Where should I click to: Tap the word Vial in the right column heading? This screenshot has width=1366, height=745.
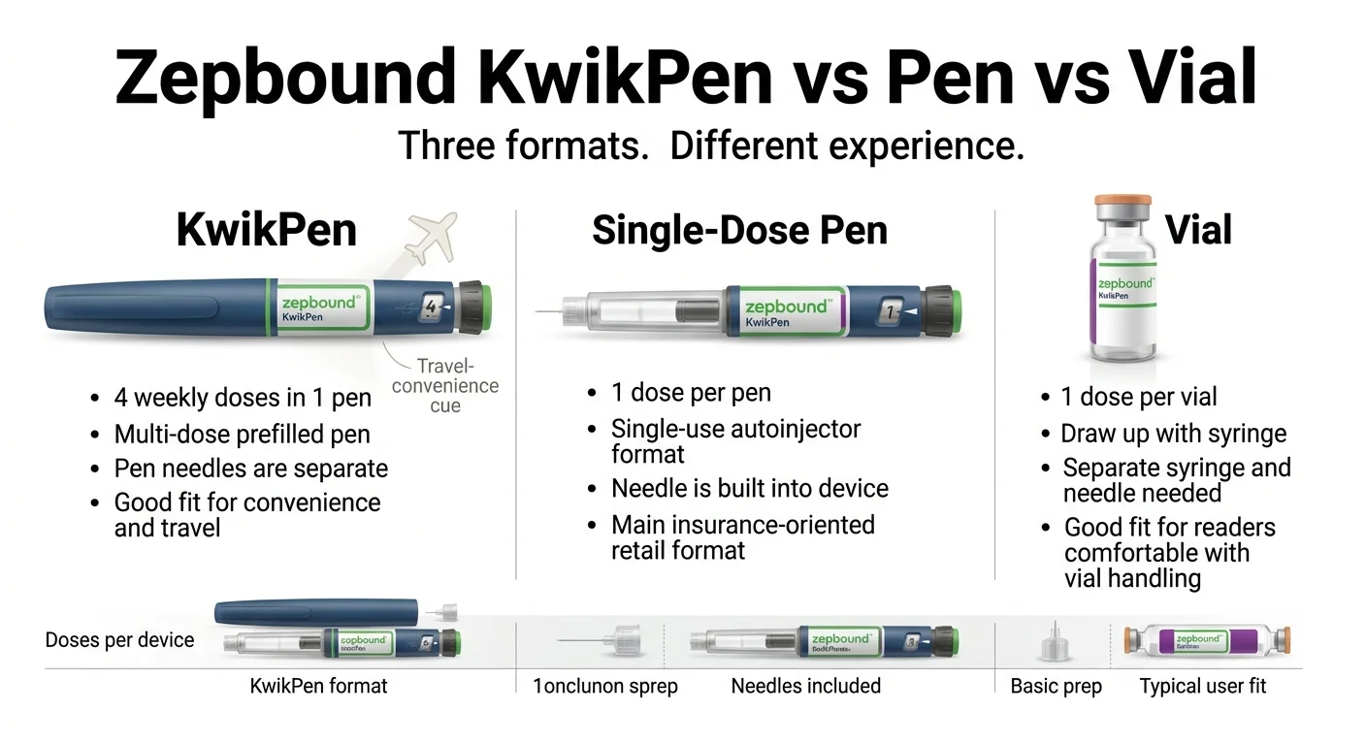tap(1198, 231)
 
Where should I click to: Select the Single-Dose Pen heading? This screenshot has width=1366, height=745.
tap(739, 231)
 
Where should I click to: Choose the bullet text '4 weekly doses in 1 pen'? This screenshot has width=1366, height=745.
tap(243, 398)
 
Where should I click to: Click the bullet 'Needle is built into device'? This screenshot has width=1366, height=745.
tap(749, 489)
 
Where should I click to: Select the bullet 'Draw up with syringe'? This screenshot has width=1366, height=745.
tap(1173, 434)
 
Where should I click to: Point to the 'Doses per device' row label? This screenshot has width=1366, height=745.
tap(119, 640)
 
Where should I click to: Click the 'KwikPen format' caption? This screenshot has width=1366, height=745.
tap(318, 686)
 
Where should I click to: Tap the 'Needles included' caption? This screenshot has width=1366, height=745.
tap(805, 686)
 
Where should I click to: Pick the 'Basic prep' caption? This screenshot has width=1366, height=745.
tap(1056, 686)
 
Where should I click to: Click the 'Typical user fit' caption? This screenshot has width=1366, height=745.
tap(1203, 686)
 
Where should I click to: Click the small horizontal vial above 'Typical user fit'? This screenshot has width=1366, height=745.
tap(1207, 641)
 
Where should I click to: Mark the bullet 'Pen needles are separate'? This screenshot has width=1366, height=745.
tap(250, 469)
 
